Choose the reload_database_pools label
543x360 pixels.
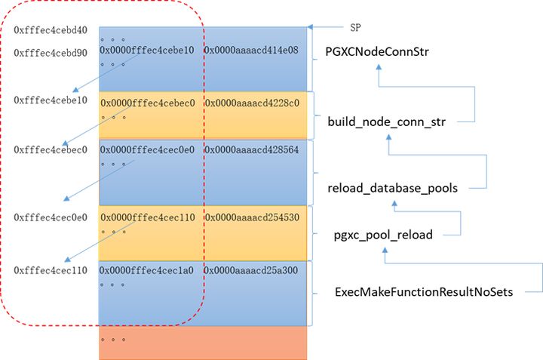(392, 188)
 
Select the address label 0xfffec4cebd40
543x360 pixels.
(51, 31)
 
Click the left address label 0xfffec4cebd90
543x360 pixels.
(51, 54)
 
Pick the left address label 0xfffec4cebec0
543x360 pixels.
(51, 149)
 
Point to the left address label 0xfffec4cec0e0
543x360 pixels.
(51, 217)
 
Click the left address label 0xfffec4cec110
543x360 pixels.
(51, 269)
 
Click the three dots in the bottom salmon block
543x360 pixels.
(113, 340)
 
